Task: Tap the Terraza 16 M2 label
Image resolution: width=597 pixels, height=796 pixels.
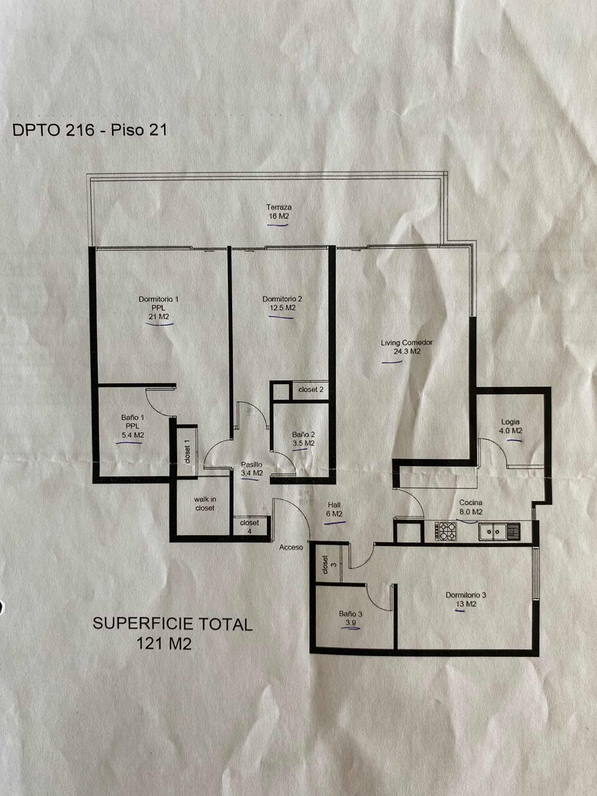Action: click(278, 212)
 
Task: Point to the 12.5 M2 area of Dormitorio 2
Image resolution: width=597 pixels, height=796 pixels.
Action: click(282, 308)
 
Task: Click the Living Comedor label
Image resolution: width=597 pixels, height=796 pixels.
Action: click(407, 343)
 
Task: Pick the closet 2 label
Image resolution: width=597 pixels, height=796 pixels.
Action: click(310, 389)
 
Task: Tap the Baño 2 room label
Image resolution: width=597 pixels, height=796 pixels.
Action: click(303, 434)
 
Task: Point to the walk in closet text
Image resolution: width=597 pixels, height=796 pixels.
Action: click(204, 503)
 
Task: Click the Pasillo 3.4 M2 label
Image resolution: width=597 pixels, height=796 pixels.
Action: click(251, 469)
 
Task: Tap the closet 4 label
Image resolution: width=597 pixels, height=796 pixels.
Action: click(249, 526)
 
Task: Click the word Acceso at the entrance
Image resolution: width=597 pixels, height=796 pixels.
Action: click(291, 547)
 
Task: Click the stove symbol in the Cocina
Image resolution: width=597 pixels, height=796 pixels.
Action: click(444, 531)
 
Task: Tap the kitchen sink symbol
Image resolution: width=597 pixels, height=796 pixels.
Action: click(494, 531)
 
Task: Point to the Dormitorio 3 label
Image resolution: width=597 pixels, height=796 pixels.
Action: click(466, 595)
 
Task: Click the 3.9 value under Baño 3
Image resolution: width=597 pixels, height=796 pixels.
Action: click(350, 624)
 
